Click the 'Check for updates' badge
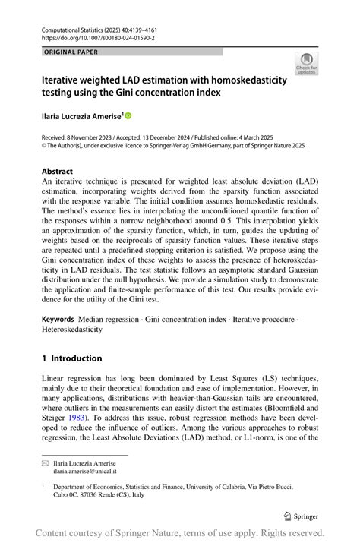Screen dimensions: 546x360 pyautogui.click(x=306, y=63)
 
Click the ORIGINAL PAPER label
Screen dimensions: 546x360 pyautogui.click(x=71, y=52)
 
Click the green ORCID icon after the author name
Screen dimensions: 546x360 pyautogui.click(x=128, y=116)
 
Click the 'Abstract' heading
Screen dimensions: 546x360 pyautogui.click(x=58, y=172)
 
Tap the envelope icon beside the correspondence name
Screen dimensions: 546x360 pyautogui.click(x=45, y=461)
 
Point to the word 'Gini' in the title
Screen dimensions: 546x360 pyautogui.click(x=142, y=93)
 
